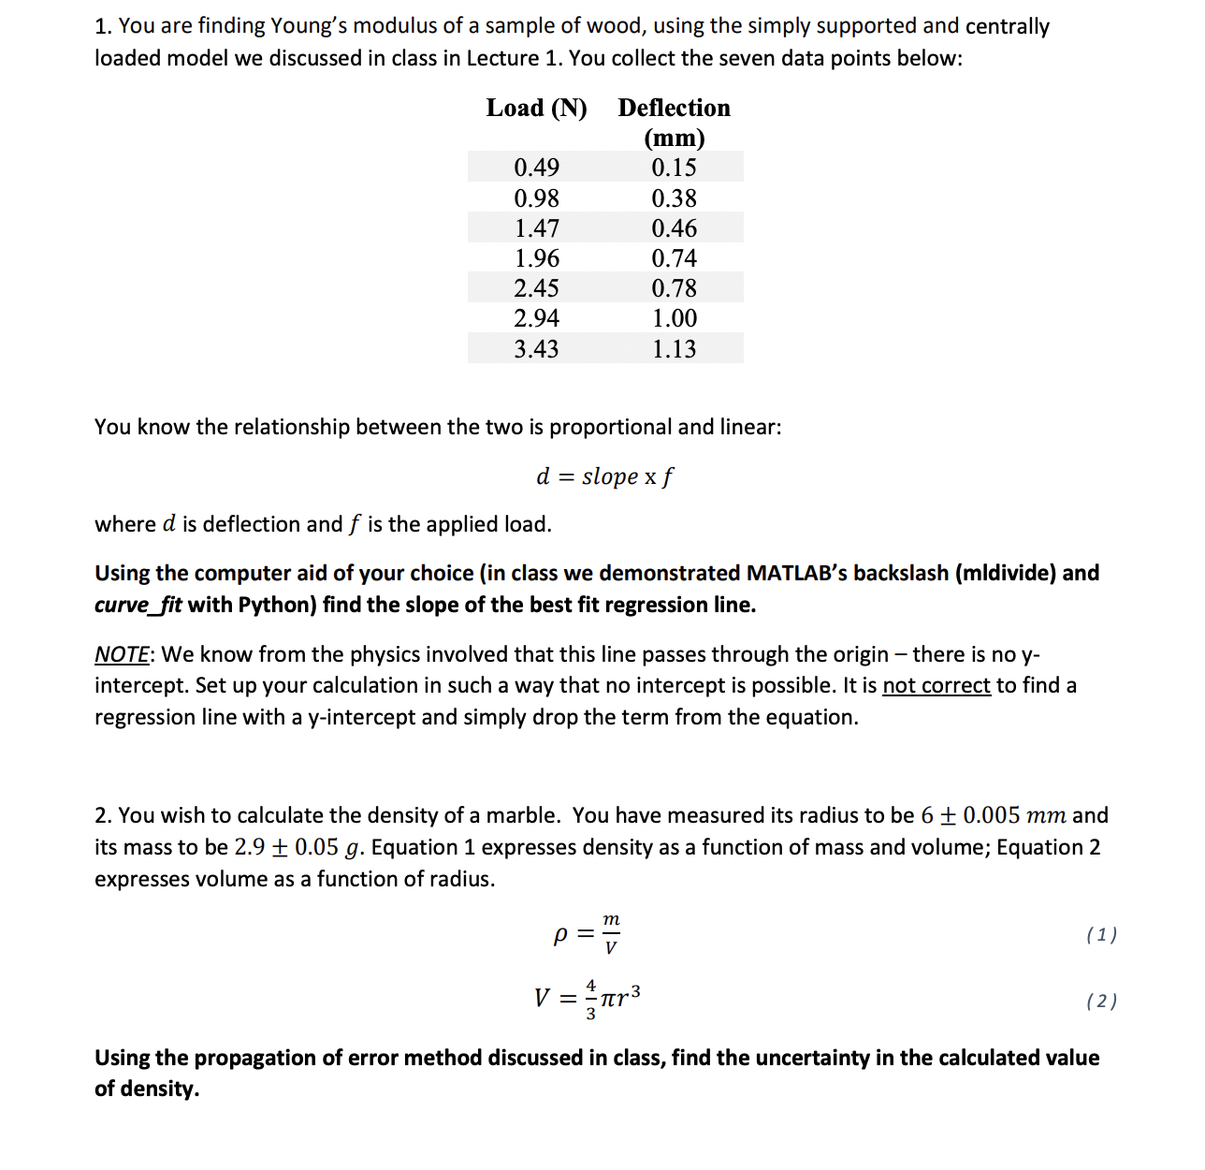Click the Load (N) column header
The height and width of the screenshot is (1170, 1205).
coord(536,109)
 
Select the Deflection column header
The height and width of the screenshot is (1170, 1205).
coord(674,122)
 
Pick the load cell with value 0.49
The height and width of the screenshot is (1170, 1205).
coord(536,168)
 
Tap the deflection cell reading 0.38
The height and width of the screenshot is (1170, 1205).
coord(674,198)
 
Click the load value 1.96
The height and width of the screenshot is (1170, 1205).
coord(536,258)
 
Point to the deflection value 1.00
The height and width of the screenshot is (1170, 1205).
coord(674,318)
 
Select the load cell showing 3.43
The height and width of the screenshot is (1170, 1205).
coord(536,349)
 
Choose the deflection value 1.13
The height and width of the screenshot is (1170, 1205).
coord(674,349)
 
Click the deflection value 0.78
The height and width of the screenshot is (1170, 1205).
coord(674,288)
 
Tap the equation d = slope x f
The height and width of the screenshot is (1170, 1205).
coord(603,476)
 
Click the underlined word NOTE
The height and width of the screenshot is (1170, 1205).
coord(121,654)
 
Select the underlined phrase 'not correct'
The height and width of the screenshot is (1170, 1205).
coord(936,686)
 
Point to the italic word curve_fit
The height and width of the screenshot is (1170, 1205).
coord(138,606)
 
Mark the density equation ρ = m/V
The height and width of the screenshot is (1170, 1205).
coord(588,934)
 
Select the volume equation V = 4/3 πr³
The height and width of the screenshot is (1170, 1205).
coord(588,999)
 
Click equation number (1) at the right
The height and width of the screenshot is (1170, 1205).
coord(1101,934)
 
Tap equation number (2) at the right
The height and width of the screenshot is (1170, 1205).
coord(1101,1001)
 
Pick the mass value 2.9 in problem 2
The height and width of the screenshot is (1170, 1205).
coord(249,847)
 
